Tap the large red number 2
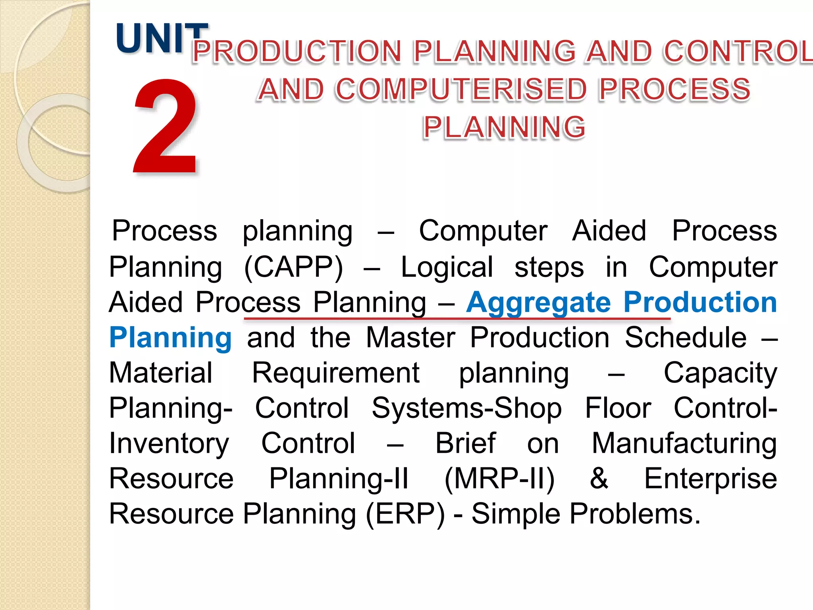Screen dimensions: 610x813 pos(166,127)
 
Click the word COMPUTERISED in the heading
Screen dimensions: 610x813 pos(461,89)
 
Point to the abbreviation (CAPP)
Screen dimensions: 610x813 pos(293,267)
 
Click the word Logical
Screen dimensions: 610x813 pos(447,267)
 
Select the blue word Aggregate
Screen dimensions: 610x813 pos(538,303)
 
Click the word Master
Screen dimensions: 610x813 pos(410,338)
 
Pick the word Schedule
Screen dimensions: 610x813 pos(686,338)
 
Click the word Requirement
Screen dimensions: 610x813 pos(336,373)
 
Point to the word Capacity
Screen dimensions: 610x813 pos(720,373)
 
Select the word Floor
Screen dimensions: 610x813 pos(618,408)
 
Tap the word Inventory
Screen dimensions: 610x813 pos(169,444)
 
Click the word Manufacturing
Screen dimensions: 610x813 pos(684,444)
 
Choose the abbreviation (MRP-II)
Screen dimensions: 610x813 pos(499,479)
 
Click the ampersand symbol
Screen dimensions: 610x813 pos(599,479)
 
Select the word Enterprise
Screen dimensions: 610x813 pos(710,479)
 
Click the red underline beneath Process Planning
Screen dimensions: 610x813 pos(457,319)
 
